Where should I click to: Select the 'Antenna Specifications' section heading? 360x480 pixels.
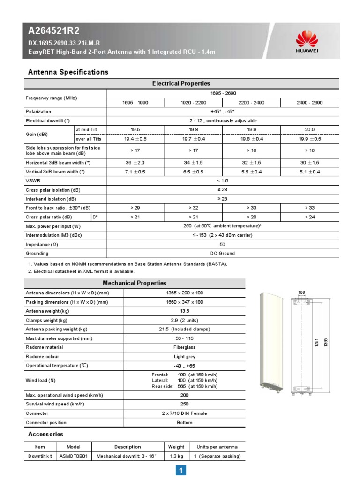pyautogui.click(x=68, y=72)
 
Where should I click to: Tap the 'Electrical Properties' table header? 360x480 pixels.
pyautogui.click(x=181, y=83)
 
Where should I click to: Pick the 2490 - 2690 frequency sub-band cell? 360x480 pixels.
pyautogui.click(x=309, y=102)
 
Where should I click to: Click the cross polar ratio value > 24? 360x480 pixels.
pyautogui.click(x=309, y=217)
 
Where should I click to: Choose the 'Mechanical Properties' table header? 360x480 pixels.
pyautogui.click(x=135, y=283)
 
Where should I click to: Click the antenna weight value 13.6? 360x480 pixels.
pyautogui.click(x=184, y=311)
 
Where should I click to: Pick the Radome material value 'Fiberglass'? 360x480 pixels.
pyautogui.click(x=184, y=347)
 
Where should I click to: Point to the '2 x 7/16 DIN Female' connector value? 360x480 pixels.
pyautogui.click(x=184, y=413)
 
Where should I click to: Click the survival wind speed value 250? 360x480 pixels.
pyautogui.click(x=184, y=404)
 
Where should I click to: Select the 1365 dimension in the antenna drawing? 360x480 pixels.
pyautogui.click(x=326, y=342)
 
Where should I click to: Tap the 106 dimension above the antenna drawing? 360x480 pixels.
pyautogui.click(x=301, y=293)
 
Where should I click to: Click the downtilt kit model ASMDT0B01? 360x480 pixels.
pyautogui.click(x=74, y=456)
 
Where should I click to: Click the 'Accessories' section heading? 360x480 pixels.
pyautogui.click(x=45, y=434)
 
